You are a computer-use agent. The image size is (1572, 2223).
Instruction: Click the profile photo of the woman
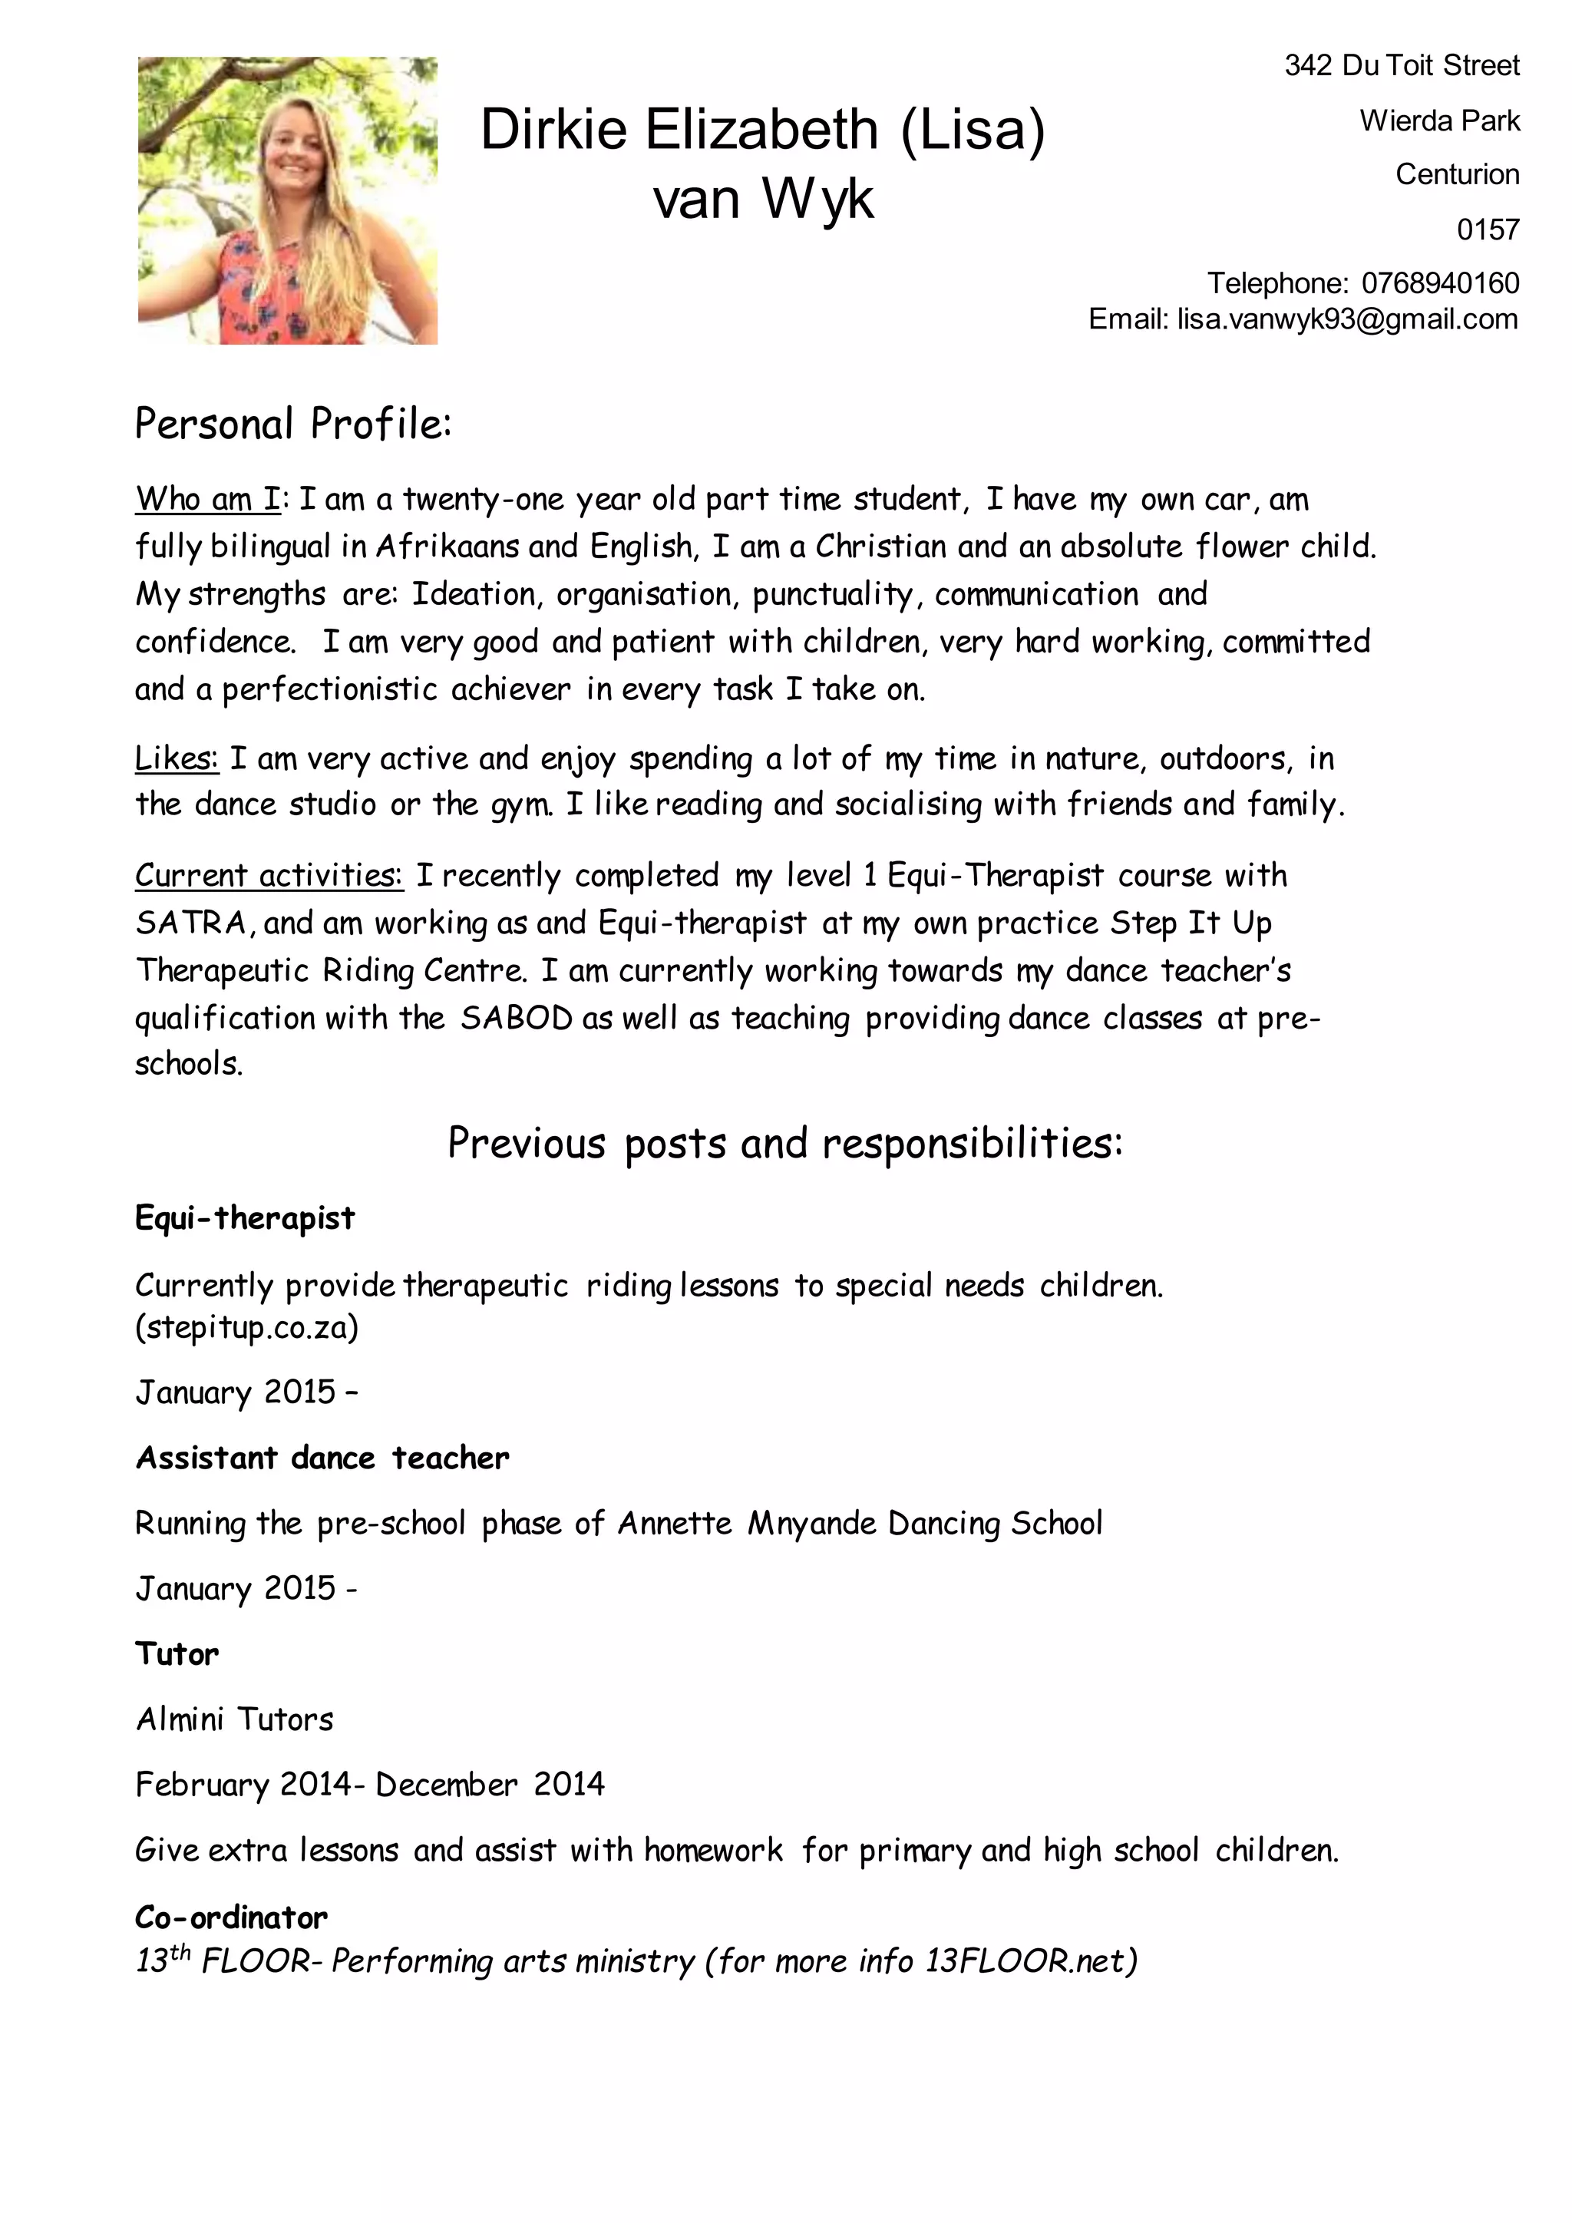point(288,200)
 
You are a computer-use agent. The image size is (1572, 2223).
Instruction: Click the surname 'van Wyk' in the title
point(763,200)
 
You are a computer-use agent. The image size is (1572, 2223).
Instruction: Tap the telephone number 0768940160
point(1439,284)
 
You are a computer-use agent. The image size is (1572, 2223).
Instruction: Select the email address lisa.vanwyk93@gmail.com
point(1346,319)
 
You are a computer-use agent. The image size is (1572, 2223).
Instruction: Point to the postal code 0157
point(1487,230)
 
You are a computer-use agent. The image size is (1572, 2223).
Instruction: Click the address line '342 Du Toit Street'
point(1402,66)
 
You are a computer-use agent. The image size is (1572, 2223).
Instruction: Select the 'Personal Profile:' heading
point(293,424)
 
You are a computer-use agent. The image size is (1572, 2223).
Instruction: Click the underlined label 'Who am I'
point(207,500)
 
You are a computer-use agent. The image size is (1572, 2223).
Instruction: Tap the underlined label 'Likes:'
point(177,758)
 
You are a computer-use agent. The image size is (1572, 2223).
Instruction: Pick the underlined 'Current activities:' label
point(268,875)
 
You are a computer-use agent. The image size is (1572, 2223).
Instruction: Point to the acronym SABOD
point(516,1019)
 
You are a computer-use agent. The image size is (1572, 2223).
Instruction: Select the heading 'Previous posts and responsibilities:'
point(784,1144)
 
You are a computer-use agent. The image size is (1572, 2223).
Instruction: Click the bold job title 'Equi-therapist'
point(245,1218)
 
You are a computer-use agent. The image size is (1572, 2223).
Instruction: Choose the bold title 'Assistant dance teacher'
point(322,1458)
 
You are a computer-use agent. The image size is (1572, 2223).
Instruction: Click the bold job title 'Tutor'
point(177,1653)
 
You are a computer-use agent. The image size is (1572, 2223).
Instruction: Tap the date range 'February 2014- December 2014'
point(370,1785)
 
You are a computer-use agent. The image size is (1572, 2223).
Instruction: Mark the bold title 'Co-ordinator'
point(231,1917)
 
